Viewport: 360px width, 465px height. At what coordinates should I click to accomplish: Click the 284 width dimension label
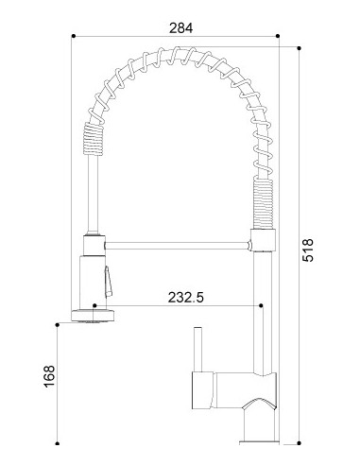coord(180,28)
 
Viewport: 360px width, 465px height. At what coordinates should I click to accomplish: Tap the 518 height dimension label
coord(308,250)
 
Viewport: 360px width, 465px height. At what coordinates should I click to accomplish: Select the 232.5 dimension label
coord(186,297)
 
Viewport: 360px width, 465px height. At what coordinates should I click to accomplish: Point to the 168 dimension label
coord(49,376)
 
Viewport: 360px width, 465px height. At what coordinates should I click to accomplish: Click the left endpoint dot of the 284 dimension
coord(74,36)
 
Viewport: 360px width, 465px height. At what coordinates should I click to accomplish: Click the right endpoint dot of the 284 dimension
coord(278,36)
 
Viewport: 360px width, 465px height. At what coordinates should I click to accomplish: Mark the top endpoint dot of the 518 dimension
coord(300,48)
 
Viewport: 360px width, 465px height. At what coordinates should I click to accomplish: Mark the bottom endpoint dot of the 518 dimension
coord(300,443)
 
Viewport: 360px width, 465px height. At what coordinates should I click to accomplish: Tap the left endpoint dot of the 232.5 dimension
coord(94,305)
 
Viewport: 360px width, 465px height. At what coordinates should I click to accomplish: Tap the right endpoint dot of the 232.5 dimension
coord(261,305)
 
